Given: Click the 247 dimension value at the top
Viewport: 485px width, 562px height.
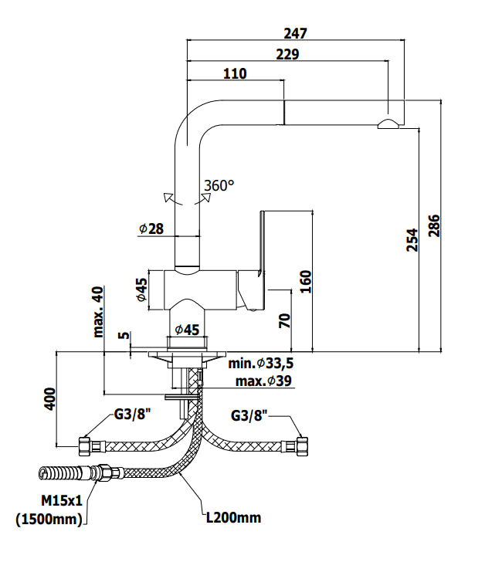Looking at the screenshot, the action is [295, 33].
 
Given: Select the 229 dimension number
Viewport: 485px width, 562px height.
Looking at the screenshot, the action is [287, 54].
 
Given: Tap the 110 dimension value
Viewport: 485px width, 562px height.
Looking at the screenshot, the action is [235, 73].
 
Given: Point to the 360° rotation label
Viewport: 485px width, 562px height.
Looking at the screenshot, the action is [219, 185].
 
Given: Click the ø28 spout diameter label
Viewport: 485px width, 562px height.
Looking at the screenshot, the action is [151, 229].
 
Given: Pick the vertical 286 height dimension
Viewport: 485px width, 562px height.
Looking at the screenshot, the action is [434, 225].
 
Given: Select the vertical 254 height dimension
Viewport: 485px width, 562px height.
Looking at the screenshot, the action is [412, 240].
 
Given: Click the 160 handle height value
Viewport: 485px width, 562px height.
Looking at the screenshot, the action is [306, 282].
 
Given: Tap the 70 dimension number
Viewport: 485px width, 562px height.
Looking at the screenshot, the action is [285, 321].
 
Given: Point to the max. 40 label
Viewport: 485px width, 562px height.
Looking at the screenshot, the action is [98, 312].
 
